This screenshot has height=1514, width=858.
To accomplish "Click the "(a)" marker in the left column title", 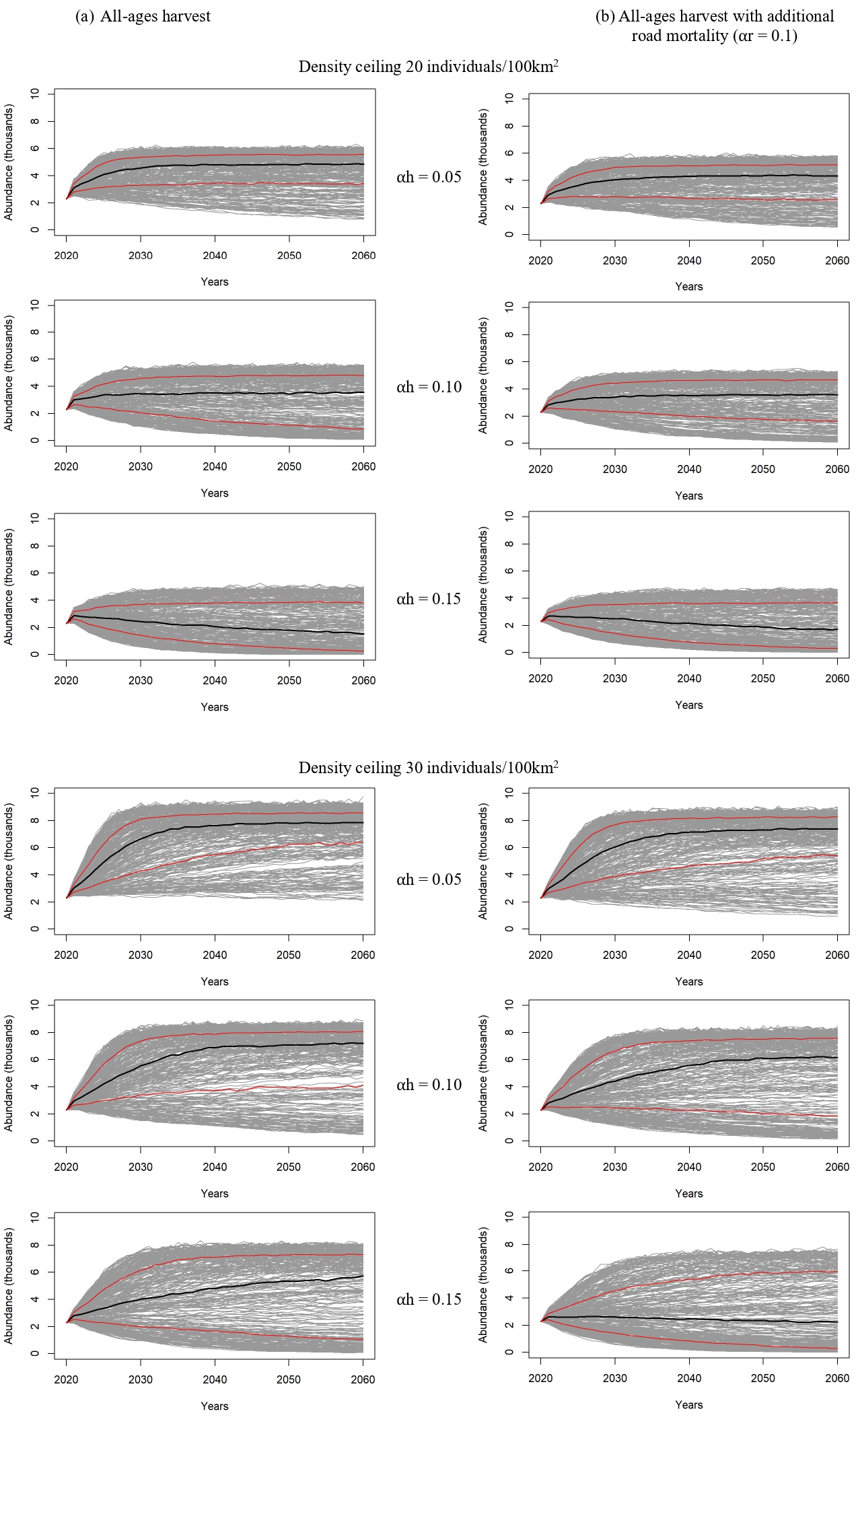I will [85, 17].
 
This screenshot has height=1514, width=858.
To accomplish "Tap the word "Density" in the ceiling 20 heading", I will [322, 67].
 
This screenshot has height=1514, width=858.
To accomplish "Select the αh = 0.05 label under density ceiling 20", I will [429, 177].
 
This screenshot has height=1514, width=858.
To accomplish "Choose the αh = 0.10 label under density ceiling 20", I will [429, 387].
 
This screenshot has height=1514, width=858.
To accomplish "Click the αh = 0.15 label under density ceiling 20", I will [429, 599].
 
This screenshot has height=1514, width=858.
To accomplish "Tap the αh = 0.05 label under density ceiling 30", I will [429, 879].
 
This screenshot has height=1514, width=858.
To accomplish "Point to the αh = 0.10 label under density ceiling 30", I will [429, 1085].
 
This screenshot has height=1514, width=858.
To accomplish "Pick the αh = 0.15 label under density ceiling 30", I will [429, 1299].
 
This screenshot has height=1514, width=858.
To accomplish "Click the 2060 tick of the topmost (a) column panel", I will [363, 256].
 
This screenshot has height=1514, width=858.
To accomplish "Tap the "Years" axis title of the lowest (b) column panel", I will [688, 1404].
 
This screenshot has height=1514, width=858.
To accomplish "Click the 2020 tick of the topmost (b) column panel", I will [540, 260].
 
